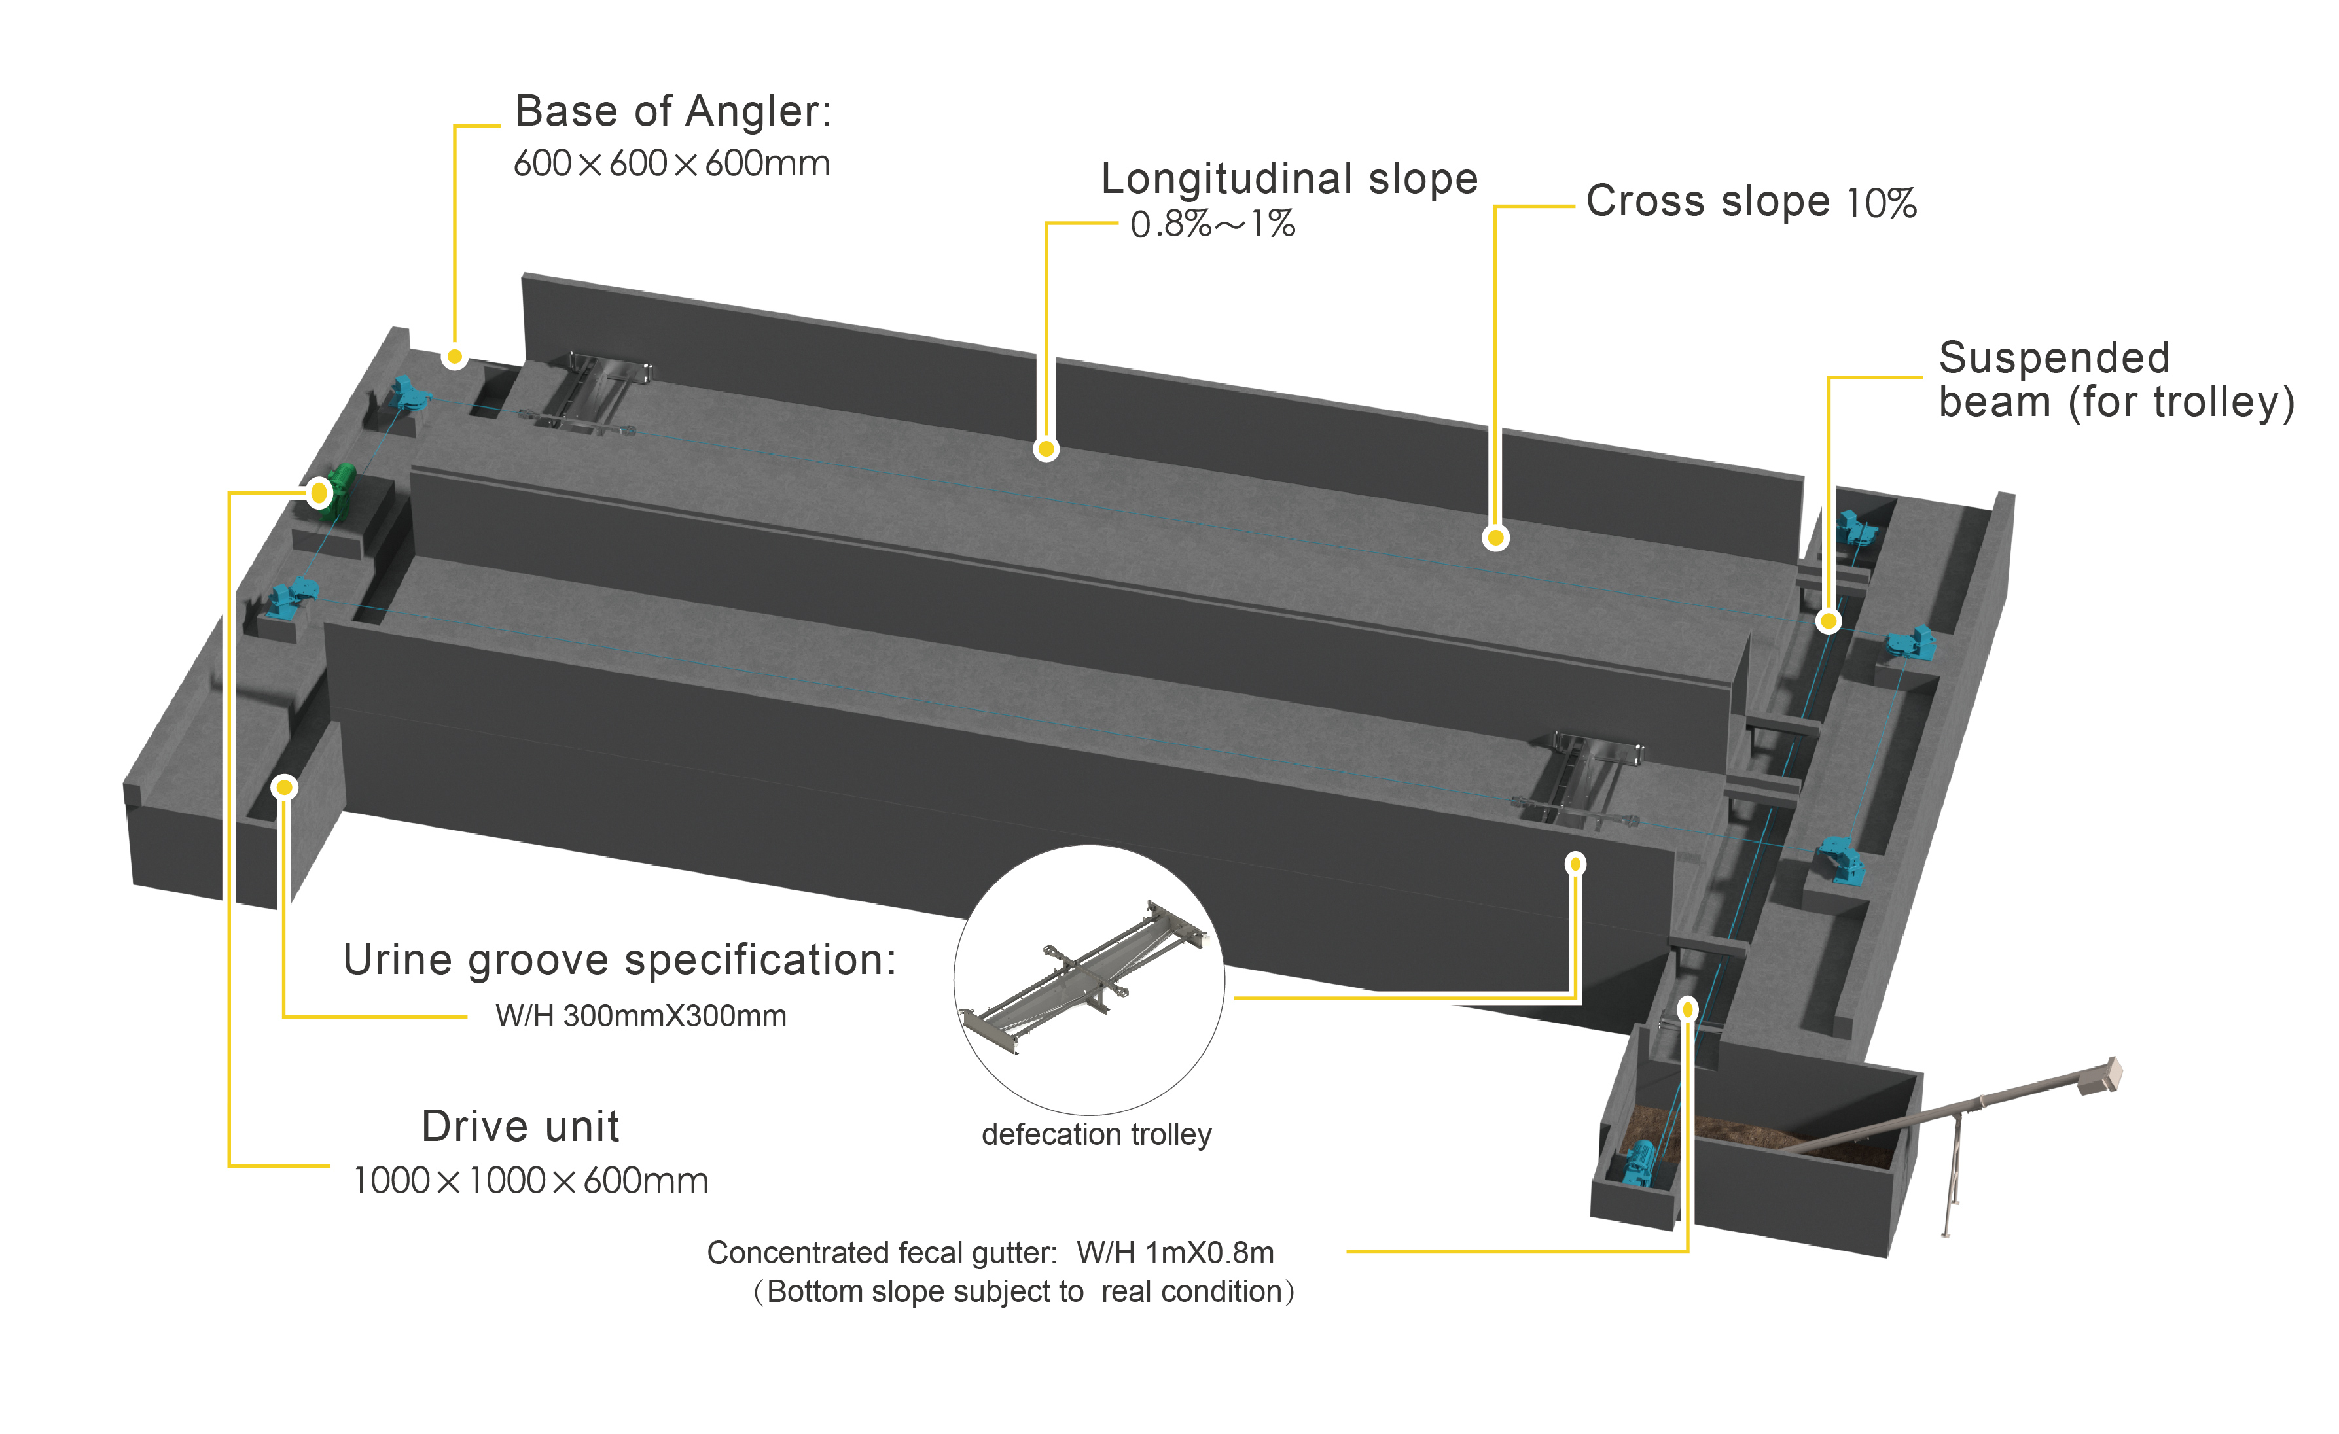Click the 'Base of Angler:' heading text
click(672, 112)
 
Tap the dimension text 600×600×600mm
click(671, 164)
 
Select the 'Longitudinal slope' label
click(1288, 179)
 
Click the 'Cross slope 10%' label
click(1751, 202)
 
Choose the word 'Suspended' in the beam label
click(2053, 358)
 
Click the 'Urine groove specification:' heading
click(619, 960)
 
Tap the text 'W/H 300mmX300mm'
click(641, 1017)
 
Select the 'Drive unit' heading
click(520, 1127)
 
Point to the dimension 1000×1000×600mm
click(531, 1181)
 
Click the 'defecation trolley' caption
click(1096, 1135)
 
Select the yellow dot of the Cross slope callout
click(1495, 538)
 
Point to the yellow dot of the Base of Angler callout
click(455, 357)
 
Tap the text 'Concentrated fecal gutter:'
click(881, 1253)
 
